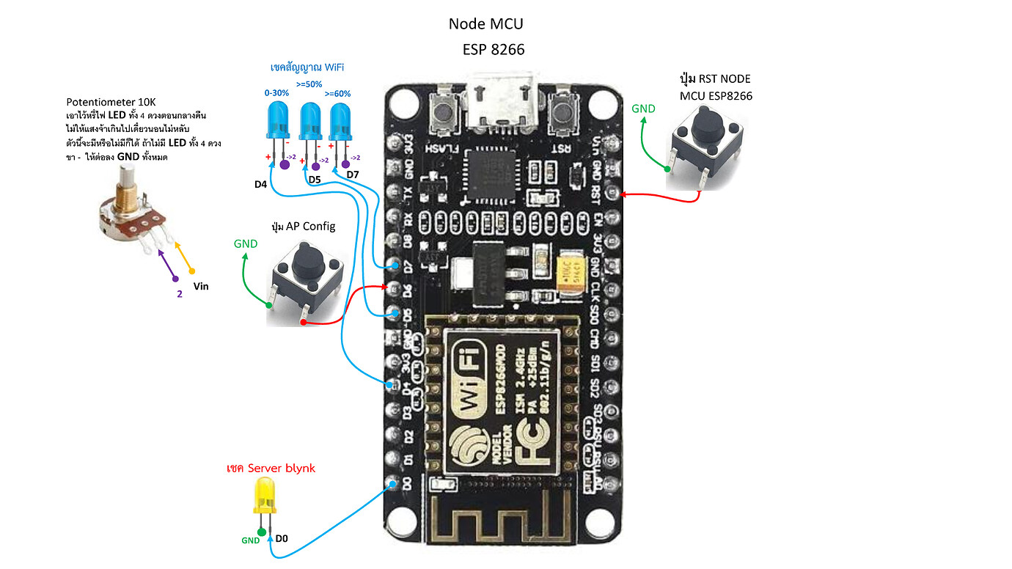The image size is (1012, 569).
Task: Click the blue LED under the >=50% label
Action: (310, 121)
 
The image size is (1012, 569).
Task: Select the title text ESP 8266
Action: (494, 50)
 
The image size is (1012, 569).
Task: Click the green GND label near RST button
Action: (643, 109)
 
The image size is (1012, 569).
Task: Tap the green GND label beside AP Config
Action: (246, 243)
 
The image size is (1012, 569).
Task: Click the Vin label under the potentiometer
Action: (200, 287)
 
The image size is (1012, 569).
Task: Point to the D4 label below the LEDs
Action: (260, 184)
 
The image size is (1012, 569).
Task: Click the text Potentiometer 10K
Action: (111, 102)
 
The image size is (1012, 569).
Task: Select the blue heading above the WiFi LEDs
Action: (307, 67)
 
